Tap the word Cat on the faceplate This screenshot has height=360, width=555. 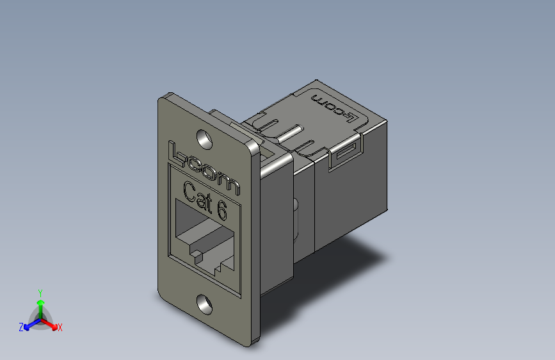tap(198, 195)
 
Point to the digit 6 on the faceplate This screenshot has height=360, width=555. tap(221, 209)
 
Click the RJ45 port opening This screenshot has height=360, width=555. tap(204, 241)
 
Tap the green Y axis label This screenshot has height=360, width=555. tap(40, 292)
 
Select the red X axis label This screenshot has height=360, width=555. tap(60, 327)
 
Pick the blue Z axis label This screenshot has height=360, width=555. tap(21, 327)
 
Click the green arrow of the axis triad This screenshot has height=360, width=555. tap(40, 304)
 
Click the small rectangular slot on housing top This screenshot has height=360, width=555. tap(346, 152)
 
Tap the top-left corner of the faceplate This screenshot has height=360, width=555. tap(161, 98)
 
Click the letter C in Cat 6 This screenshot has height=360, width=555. tap(190, 192)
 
